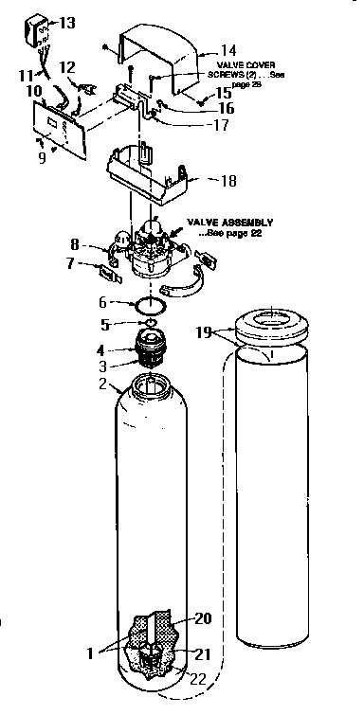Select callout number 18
tap(228, 180)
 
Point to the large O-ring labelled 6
tap(147, 305)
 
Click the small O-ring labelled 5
tap(145, 323)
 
